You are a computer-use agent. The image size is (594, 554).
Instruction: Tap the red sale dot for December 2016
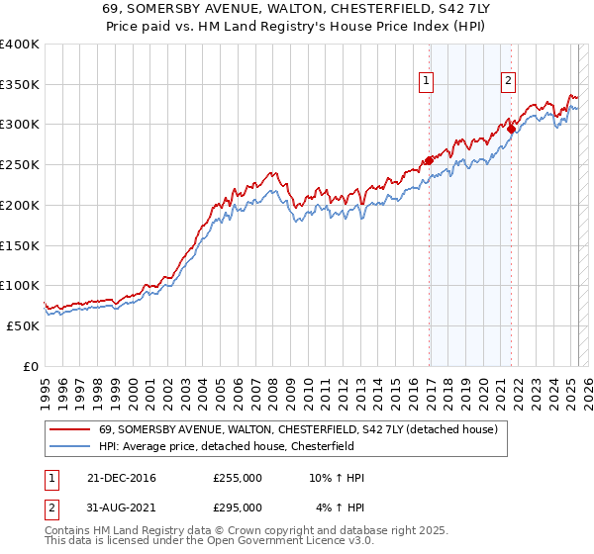[x=429, y=160]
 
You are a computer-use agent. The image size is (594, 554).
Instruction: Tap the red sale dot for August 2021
[x=511, y=128]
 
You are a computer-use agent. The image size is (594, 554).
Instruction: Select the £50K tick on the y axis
[x=23, y=325]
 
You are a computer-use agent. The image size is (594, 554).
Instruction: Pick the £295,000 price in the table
[x=238, y=508]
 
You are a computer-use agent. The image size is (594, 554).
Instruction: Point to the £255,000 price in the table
[x=238, y=478]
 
